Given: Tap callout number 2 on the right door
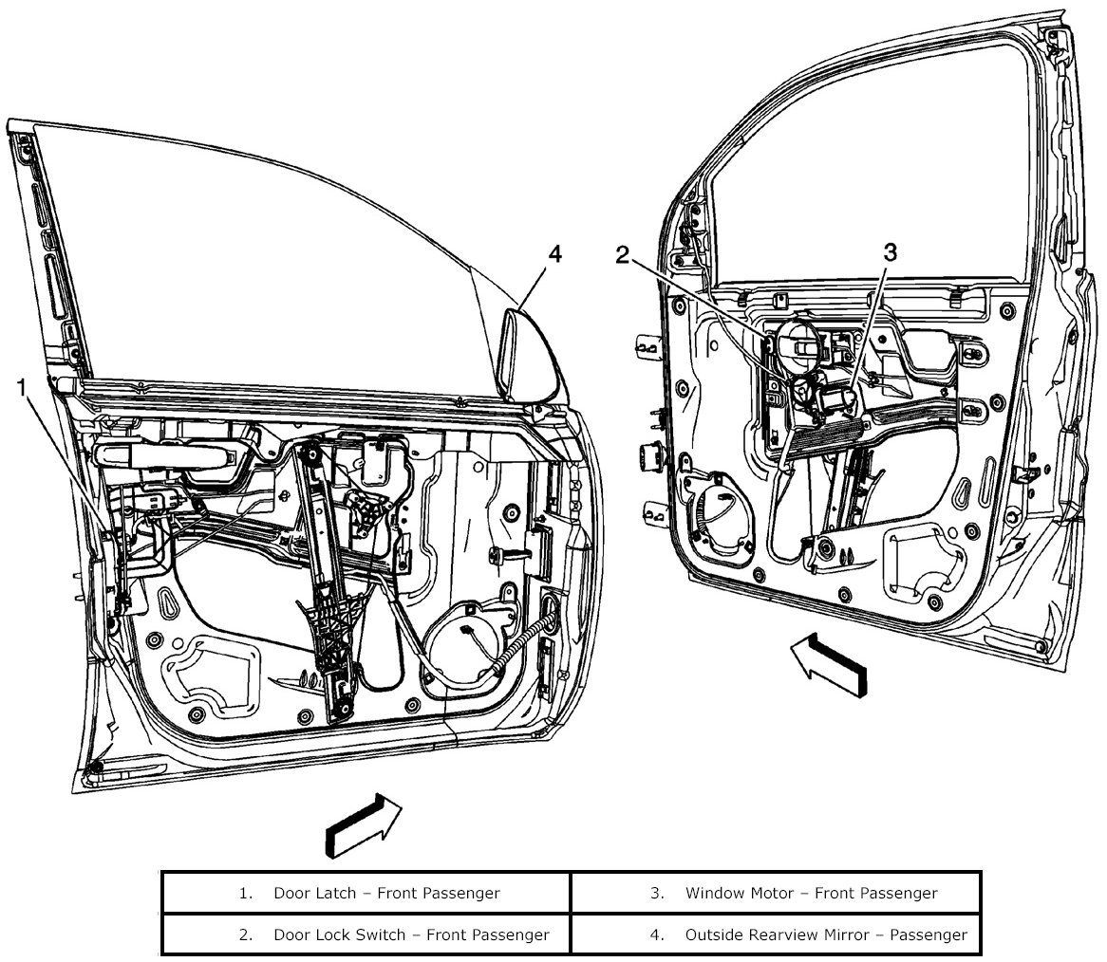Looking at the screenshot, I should pyautogui.click(x=622, y=254).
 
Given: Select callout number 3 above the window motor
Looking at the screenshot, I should pyautogui.click(x=890, y=251).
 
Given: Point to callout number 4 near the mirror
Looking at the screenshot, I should pyautogui.click(x=554, y=253).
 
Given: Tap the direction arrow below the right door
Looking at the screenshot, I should pyautogui.click(x=828, y=663).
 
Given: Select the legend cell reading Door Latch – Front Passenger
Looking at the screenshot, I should pyautogui.click(x=366, y=893).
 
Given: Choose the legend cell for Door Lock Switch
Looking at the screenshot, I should pyautogui.click(x=366, y=934).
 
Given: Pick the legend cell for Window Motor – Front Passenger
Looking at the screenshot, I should pyautogui.click(x=776, y=893).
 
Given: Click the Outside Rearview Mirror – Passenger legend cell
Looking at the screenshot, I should pyautogui.click(x=776, y=934).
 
